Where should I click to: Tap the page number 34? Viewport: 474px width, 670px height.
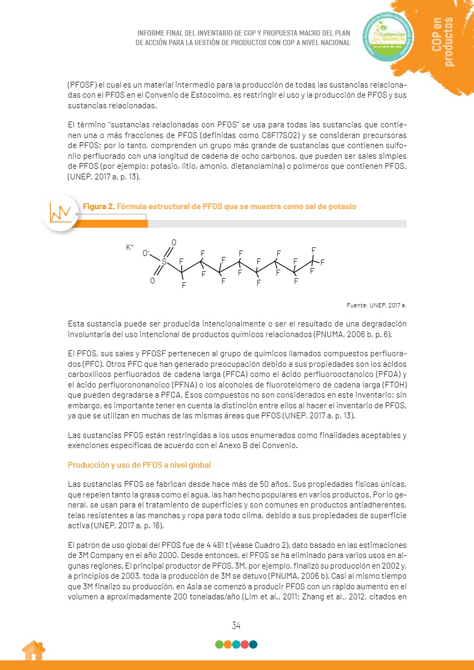pyautogui.click(x=236, y=625)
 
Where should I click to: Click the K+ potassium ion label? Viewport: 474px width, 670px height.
pyautogui.click(x=130, y=247)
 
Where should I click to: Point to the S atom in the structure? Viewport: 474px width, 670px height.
pyautogui.click(x=164, y=262)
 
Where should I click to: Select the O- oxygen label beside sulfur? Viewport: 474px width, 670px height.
pyautogui.click(x=146, y=253)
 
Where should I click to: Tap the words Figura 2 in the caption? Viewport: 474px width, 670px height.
pyautogui.click(x=98, y=207)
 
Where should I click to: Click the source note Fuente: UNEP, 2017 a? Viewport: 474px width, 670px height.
pyautogui.click(x=376, y=305)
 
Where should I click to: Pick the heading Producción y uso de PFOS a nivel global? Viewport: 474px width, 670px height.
pyautogui.click(x=139, y=465)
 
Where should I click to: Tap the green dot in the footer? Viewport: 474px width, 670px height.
pyautogui.click(x=219, y=645)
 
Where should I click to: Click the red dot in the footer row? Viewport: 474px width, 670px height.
pyautogui.click(x=244, y=645)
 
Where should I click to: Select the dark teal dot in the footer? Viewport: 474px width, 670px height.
pyautogui.click(x=253, y=645)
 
